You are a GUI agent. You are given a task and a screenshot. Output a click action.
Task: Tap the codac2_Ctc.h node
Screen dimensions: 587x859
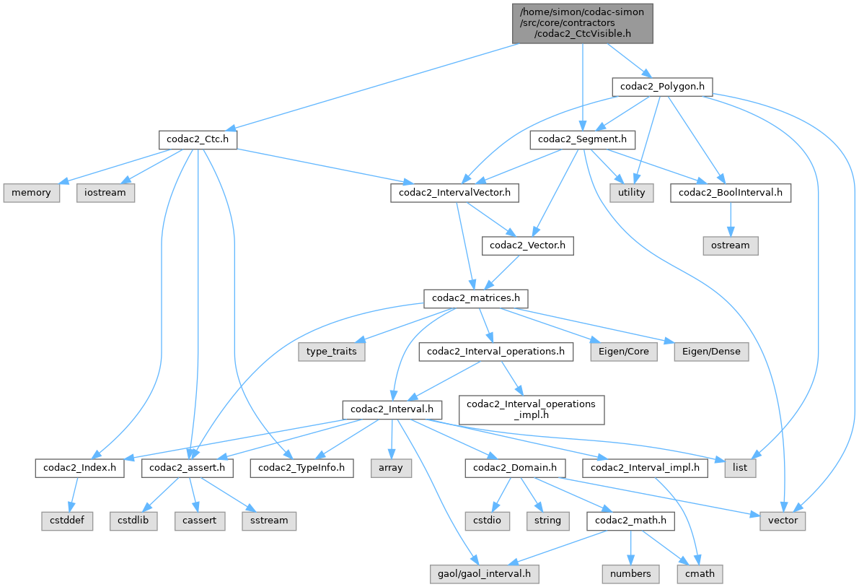pyautogui.click(x=198, y=140)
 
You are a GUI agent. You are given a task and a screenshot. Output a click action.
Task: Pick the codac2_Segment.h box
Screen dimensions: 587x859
pyautogui.click(x=583, y=140)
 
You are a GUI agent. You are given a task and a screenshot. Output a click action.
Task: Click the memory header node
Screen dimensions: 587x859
pyautogui.click(x=31, y=193)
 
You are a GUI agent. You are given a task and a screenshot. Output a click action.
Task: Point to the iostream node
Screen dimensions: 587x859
pyautogui.click(x=105, y=193)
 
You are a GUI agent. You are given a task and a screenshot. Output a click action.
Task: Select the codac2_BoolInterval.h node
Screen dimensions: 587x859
pyautogui.click(x=730, y=193)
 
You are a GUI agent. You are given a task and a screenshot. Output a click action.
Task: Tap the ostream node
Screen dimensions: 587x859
pyautogui.click(x=730, y=245)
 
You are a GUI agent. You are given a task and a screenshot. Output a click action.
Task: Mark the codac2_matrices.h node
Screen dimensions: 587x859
pyautogui.click(x=476, y=298)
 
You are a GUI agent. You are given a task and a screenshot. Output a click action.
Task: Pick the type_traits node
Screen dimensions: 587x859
pyautogui.click(x=332, y=352)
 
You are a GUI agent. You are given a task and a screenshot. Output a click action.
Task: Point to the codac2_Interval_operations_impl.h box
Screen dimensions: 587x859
pyautogui.click(x=531, y=409)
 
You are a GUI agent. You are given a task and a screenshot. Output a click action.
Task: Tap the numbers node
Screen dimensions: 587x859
pyautogui.click(x=631, y=573)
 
